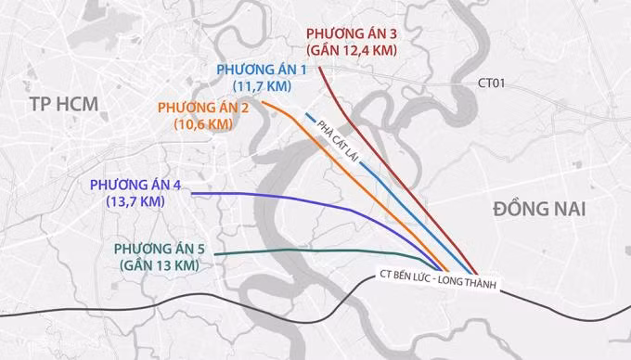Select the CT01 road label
tap(491, 84)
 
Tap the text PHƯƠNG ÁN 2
tap(205, 106)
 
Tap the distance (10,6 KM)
tap(203, 122)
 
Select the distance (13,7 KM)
tap(135, 199)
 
